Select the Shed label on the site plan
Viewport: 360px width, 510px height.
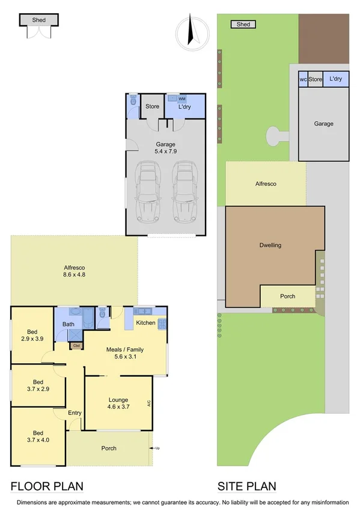click(243, 25)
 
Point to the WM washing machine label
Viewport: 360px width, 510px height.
click(182, 98)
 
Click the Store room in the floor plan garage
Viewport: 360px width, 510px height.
click(152, 107)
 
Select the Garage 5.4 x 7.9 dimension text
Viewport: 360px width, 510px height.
click(165, 148)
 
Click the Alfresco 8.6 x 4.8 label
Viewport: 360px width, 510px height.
click(74, 272)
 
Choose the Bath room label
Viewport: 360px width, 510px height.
click(68, 325)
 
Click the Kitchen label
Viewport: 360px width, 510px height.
click(145, 323)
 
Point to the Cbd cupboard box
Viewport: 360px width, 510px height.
click(76, 346)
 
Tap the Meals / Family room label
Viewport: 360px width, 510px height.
click(124, 353)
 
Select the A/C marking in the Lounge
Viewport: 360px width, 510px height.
click(148, 404)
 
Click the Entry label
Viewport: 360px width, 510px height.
click(75, 413)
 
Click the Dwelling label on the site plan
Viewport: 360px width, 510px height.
click(270, 245)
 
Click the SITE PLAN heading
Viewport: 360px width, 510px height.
click(246, 487)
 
